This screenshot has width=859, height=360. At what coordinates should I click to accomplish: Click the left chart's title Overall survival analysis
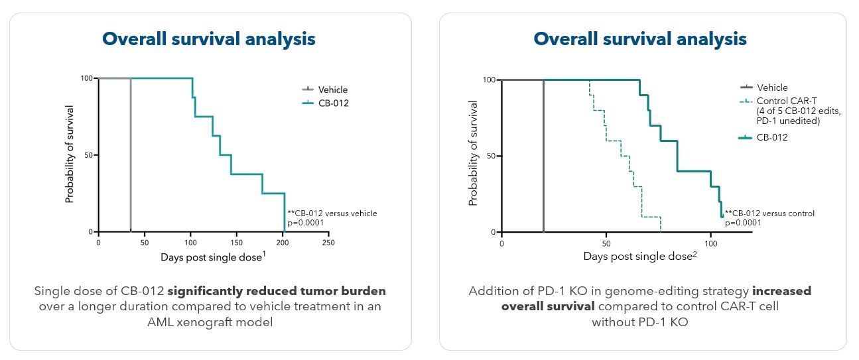coord(208,39)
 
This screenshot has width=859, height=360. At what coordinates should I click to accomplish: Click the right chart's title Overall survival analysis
coord(640,39)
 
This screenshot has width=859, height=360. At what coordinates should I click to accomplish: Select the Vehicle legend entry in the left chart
coord(325,90)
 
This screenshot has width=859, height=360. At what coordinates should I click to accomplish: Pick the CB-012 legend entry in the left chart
coord(326,103)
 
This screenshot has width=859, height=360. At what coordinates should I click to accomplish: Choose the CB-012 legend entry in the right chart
coord(763,137)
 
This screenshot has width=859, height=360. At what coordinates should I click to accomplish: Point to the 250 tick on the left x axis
coord(328,243)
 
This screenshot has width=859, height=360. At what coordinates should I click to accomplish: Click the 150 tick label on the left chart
coord(237,243)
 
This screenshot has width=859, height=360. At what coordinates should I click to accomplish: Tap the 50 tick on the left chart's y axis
coord(88,155)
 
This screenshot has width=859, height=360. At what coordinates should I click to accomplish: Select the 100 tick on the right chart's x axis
coord(710,244)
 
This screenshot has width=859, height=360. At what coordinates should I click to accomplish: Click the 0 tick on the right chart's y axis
coord(493,232)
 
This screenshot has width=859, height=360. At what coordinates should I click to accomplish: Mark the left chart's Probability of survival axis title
coord(69,154)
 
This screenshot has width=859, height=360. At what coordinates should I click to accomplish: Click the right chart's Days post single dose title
coord(639,256)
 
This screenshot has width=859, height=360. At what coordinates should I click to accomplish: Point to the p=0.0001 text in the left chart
coord(306,223)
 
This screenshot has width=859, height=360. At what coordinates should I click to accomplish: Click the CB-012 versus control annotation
coord(769,213)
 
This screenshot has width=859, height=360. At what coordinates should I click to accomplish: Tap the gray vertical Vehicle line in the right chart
coord(543,156)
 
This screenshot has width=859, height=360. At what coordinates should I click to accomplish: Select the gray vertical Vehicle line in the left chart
coord(131,155)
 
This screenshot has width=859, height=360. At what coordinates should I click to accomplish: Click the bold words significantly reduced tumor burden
coord(277,291)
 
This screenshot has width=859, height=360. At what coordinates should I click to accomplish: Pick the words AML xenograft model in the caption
coord(210,322)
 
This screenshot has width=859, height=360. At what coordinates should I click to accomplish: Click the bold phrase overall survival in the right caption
coord(548,307)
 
